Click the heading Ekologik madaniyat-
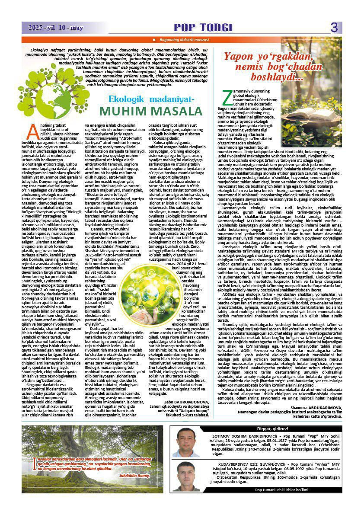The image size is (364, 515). [x=146, y=99]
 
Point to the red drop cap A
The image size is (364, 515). [x=31, y=129]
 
